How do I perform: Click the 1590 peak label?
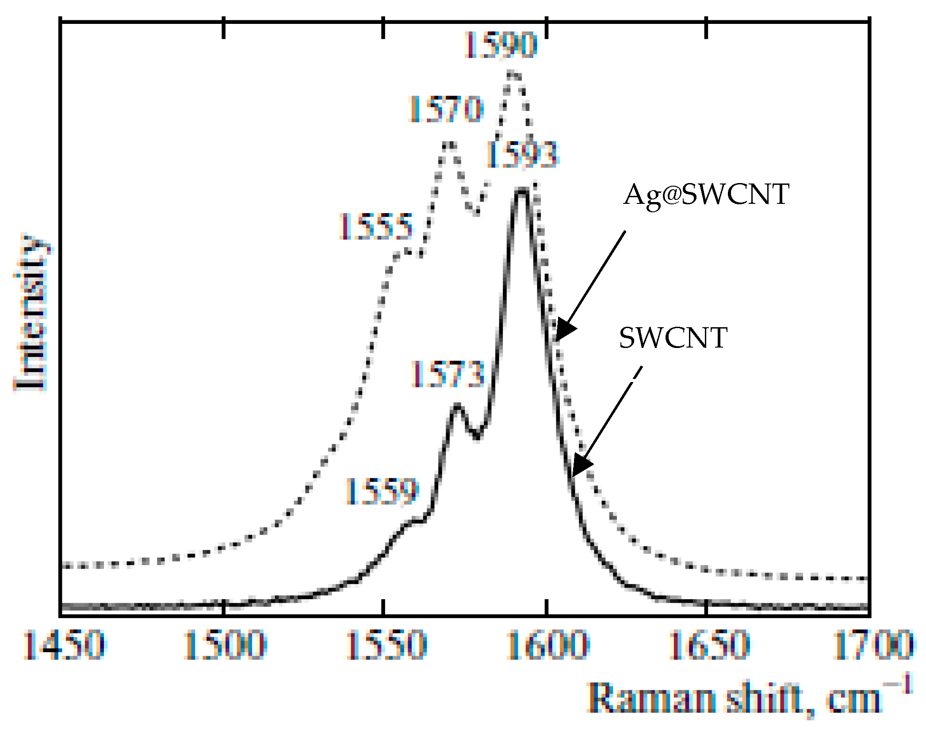pyautogui.click(x=501, y=45)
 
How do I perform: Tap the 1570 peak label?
pyautogui.click(x=445, y=109)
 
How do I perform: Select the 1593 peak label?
pyautogui.click(x=523, y=155)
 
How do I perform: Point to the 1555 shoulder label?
pyautogui.click(x=376, y=226)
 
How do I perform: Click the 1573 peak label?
pyautogui.click(x=448, y=374)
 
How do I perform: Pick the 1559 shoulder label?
pyautogui.click(x=381, y=491)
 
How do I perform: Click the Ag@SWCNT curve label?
pyautogui.click(x=706, y=195)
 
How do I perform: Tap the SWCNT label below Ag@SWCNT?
pyautogui.click(x=673, y=338)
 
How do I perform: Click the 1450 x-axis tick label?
pyautogui.click(x=64, y=645)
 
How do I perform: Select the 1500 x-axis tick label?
pyautogui.click(x=225, y=645)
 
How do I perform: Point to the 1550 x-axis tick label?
pyautogui.click(x=386, y=645)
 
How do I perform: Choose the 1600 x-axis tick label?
pyautogui.click(x=547, y=645)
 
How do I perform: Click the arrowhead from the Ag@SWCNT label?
pyautogui.click(x=564, y=330)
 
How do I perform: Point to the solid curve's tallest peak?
pyautogui.click(x=522, y=191)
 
